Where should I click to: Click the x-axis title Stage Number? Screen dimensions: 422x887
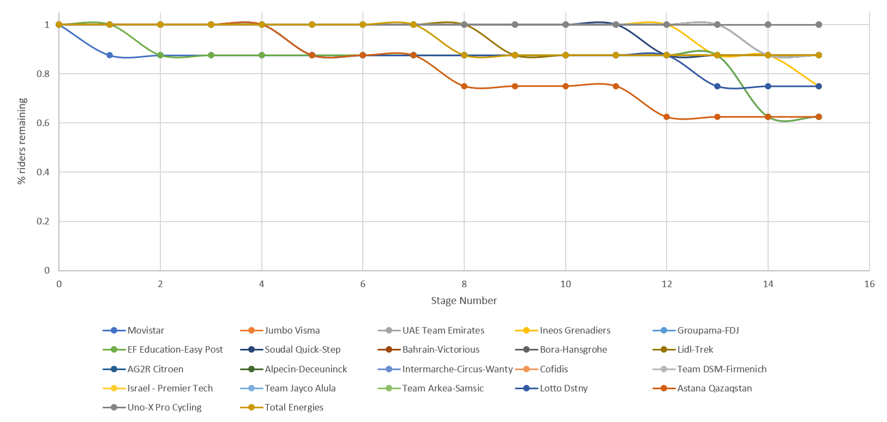tap(464, 300)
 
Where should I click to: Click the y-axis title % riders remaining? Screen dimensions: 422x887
tap(22, 141)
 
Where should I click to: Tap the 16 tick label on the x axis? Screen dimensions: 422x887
tap(869, 284)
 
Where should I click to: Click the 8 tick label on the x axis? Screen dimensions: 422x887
tap(464, 284)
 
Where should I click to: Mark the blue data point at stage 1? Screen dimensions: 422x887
tap(110, 55)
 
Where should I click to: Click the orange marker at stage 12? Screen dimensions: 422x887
tap(667, 117)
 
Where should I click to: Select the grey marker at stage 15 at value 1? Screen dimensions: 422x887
tap(819, 25)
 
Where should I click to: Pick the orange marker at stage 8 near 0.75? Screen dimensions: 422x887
tap(464, 86)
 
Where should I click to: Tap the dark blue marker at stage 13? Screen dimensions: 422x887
tap(717, 86)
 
